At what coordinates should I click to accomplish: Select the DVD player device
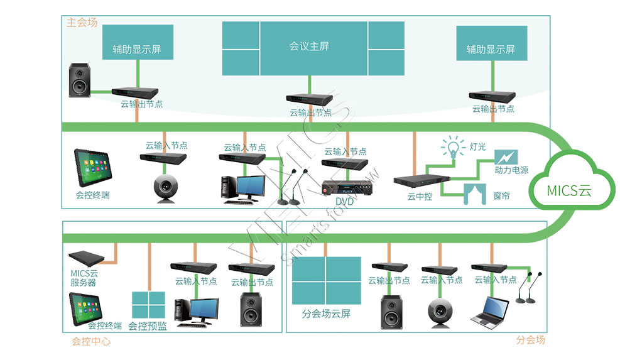[x=347, y=187]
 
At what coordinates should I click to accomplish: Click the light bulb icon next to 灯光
[x=453, y=147]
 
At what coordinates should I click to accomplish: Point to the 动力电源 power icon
[x=506, y=157]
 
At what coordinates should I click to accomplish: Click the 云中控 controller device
[x=421, y=180]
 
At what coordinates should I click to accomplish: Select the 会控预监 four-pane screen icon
[x=149, y=305]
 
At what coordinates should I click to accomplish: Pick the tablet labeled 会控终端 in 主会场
[x=93, y=168]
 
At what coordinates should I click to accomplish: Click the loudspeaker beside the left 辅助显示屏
[x=80, y=80]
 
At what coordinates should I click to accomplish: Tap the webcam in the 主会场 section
[x=166, y=188]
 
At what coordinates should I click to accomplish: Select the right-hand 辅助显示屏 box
[x=491, y=43]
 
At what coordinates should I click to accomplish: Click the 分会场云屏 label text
[x=326, y=314]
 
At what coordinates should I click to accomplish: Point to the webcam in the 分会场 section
[x=440, y=312]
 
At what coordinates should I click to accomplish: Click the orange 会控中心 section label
[x=91, y=341]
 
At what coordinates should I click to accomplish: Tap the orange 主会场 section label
[x=82, y=23]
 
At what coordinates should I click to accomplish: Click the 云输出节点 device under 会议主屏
[x=310, y=99]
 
